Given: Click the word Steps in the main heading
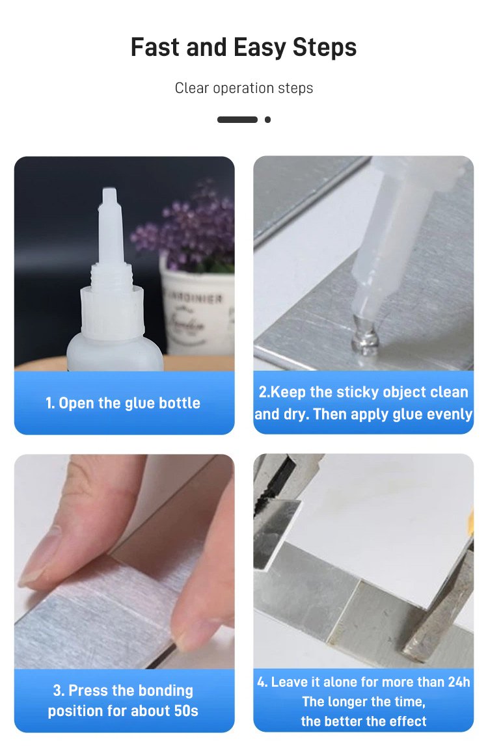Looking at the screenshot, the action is click(324, 48).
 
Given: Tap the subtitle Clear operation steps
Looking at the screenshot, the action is click(244, 88).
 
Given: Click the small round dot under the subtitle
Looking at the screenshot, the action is click(268, 120).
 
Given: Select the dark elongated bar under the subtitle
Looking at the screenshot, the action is click(237, 120).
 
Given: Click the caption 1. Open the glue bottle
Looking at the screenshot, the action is click(123, 403).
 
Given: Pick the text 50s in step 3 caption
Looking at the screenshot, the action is click(186, 711).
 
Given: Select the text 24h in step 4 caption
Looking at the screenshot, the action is click(459, 682).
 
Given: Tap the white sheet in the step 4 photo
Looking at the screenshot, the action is click(376, 528).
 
